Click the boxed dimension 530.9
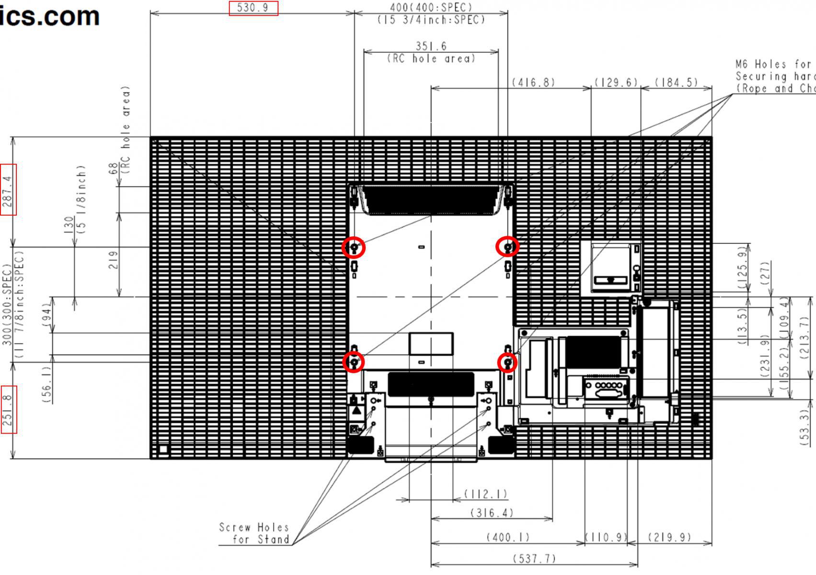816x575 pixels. (x=253, y=8)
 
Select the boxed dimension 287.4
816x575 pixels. (x=8, y=189)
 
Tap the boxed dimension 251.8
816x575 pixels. (x=9, y=410)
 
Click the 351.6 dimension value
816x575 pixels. (x=431, y=46)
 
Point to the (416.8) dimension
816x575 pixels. (x=533, y=82)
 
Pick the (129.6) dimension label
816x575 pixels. (x=616, y=82)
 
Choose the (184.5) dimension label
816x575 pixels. (x=676, y=82)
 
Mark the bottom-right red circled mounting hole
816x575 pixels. (x=507, y=363)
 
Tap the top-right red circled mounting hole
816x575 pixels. (x=507, y=247)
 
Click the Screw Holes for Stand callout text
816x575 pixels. (x=254, y=533)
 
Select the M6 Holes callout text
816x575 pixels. (x=774, y=76)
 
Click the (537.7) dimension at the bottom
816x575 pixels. (x=534, y=559)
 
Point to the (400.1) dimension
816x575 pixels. (x=508, y=537)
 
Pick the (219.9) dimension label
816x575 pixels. (x=669, y=537)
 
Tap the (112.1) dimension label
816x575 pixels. (x=485, y=494)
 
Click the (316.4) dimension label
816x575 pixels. (x=492, y=513)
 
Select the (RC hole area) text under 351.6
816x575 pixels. (x=431, y=58)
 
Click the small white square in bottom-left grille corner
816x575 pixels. (x=163, y=449)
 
